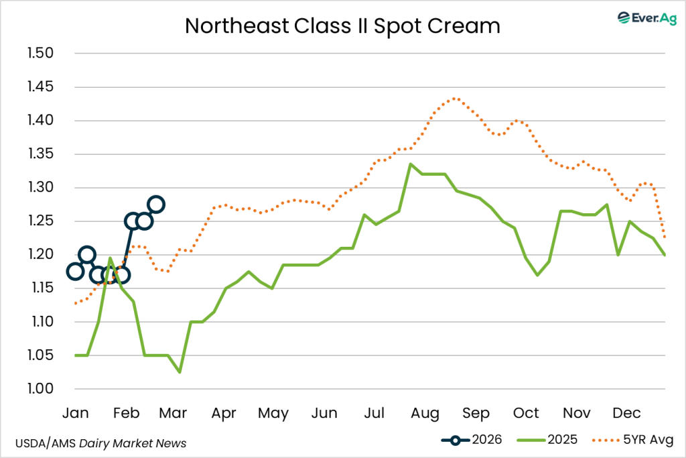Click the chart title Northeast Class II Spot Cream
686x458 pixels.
(342, 25)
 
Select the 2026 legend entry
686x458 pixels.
(474, 440)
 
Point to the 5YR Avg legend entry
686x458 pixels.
(633, 440)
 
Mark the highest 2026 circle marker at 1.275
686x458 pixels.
(156, 205)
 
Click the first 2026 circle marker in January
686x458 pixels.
(75, 272)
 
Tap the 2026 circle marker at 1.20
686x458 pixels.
(86, 255)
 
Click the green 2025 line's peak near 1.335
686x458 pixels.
(410, 164)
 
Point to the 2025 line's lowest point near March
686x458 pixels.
(179, 372)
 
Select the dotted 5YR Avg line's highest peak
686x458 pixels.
(456, 98)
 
